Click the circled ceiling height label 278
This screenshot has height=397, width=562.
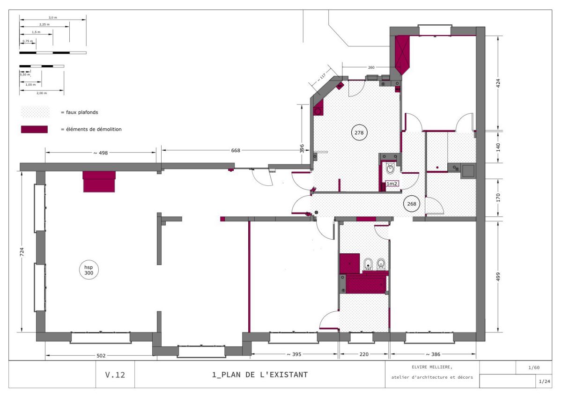(x=359, y=132)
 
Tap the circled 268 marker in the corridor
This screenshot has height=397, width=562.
(x=412, y=204)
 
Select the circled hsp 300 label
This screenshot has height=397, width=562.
(x=89, y=270)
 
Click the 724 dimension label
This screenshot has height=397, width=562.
(x=22, y=252)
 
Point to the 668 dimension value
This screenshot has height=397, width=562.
(x=236, y=150)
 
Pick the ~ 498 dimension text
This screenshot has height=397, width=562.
(x=101, y=153)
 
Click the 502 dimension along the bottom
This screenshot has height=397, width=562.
(x=101, y=356)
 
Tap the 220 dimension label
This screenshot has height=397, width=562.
(x=364, y=354)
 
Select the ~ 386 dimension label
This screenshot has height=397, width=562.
(x=433, y=354)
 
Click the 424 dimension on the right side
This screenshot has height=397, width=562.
(x=498, y=83)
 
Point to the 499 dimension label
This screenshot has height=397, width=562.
(x=498, y=277)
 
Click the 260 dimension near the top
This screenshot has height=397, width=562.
(x=371, y=67)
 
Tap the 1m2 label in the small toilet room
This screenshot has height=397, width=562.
(x=392, y=184)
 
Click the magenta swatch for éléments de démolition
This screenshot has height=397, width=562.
(x=34, y=129)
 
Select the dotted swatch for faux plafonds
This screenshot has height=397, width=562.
(x=35, y=112)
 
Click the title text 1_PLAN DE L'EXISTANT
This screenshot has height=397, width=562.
(x=260, y=375)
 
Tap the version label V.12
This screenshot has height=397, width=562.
(x=115, y=375)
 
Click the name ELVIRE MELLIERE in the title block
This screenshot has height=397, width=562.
(x=432, y=367)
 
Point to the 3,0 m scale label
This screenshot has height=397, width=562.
(x=52, y=17)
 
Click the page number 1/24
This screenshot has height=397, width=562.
(x=544, y=382)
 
